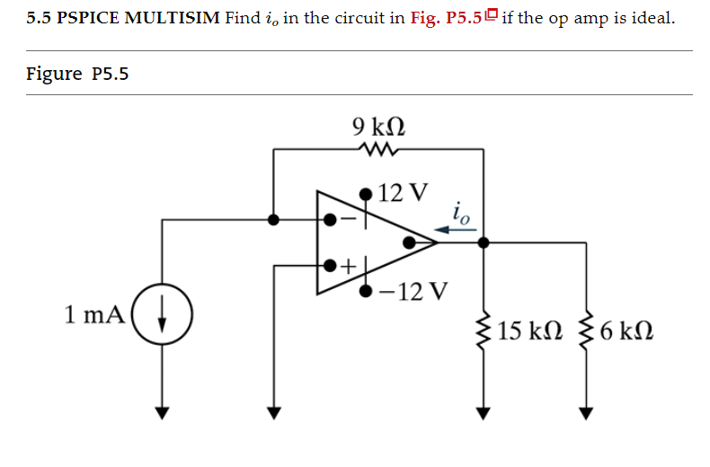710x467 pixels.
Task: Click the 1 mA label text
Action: click(93, 315)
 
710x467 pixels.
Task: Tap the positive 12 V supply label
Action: click(404, 193)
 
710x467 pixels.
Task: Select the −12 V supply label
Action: click(413, 291)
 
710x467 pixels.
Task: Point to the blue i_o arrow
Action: click(461, 230)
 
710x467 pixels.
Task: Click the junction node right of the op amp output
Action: click(484, 242)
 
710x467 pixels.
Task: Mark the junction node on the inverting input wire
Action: click(273, 218)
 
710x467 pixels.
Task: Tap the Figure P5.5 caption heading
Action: click(78, 74)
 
